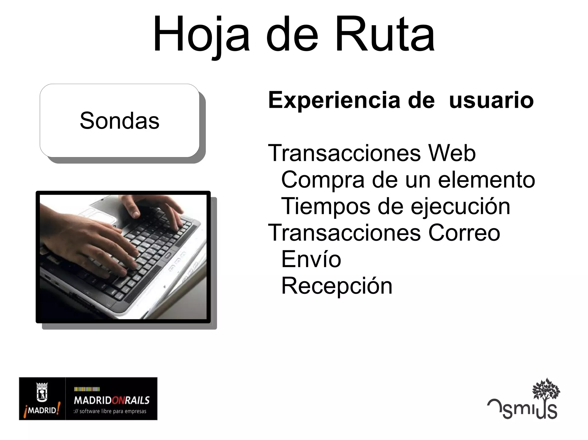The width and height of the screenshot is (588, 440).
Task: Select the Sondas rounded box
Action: tap(119, 121)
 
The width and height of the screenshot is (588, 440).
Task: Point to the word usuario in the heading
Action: tap(491, 100)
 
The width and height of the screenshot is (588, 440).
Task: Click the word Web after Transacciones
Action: tap(452, 153)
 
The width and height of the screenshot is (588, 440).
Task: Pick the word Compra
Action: tap(323, 180)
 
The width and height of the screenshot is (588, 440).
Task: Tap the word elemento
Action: tap(487, 180)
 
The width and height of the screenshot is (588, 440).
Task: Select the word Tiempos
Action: tap(326, 206)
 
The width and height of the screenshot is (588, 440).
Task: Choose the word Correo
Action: tap(464, 233)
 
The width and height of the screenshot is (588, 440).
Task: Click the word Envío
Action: tap(311, 259)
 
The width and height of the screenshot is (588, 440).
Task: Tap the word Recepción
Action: tap(337, 286)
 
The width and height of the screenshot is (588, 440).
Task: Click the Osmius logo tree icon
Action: tap(546, 389)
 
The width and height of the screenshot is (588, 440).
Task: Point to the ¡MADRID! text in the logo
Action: tap(42, 410)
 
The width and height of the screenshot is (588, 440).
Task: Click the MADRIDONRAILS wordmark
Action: tap(112, 400)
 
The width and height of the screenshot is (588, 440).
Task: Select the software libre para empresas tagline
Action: tap(110, 411)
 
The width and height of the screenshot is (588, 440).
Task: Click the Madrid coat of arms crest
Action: tap(42, 392)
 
